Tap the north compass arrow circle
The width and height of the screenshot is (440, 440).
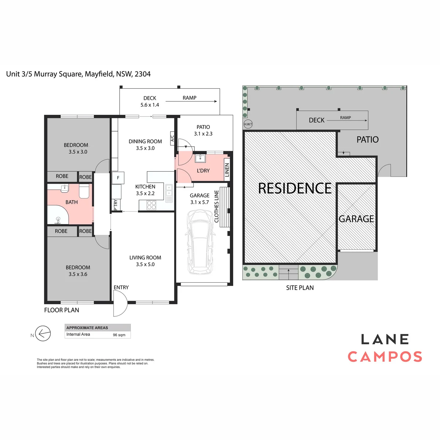pos(43,333)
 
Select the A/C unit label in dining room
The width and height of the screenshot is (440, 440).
pos(172,138)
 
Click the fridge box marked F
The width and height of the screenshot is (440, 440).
pos(118,177)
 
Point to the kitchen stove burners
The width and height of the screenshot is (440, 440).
pos(151,205)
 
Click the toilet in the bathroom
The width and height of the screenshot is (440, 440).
pos(84,191)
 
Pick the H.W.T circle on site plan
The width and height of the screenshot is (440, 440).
pos(248,124)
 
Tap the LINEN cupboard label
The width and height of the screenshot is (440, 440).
pos(227,170)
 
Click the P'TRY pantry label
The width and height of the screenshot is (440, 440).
pos(115,205)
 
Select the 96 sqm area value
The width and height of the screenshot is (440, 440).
pos(119,335)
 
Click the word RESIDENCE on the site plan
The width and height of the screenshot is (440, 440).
pos(294,188)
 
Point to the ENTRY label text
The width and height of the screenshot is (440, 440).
pos(121,287)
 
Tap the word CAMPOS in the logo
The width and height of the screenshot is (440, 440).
pos(385,357)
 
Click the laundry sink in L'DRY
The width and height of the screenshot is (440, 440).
pos(200,158)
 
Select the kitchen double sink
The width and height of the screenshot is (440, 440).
pos(169,193)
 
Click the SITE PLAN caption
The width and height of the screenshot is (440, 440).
pos(300,288)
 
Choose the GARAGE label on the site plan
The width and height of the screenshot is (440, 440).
pos(356,219)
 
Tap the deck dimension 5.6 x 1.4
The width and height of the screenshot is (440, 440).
pos(150,105)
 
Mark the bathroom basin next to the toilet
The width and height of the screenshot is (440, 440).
pos(65,188)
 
